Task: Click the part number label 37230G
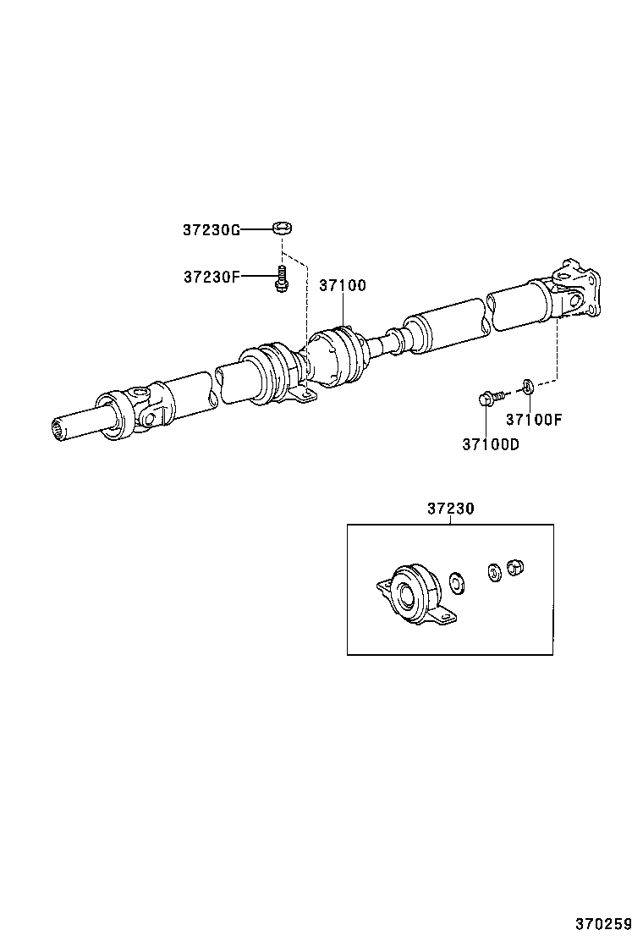pos(212,229)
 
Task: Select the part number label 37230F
pos(212,277)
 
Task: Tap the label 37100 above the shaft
pos(343,286)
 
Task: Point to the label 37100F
pos(534,419)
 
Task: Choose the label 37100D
pos(491,443)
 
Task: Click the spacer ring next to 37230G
pos(283,228)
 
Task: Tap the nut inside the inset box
pos(514,568)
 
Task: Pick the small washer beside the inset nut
pos(492,571)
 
